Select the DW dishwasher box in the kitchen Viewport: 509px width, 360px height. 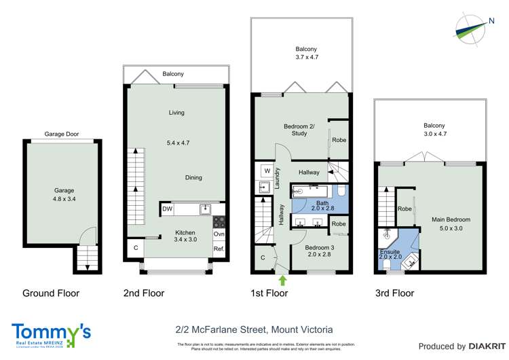point(167,209)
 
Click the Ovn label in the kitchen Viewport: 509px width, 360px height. point(219,235)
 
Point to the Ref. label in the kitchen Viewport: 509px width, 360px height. point(219,249)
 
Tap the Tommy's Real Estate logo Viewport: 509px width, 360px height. point(52,334)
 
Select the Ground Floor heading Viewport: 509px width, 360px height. point(52,294)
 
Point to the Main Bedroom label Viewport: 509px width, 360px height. point(451,219)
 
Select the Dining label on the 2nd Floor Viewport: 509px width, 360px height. point(193,178)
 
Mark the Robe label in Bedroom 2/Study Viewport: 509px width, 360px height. point(339,141)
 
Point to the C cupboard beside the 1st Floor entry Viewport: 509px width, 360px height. point(263,257)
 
